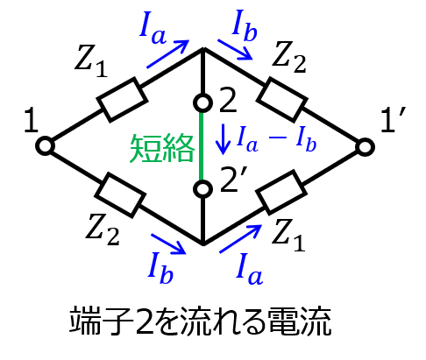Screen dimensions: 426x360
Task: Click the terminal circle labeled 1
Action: pos(46,145)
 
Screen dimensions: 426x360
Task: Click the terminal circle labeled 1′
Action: pos(365,146)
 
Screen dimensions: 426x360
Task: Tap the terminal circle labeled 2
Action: pos(202,102)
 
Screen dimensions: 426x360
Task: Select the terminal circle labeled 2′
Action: pos(202,189)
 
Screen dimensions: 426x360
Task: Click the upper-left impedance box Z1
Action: pos(122,100)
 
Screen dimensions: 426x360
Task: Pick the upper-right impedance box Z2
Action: pos(282,100)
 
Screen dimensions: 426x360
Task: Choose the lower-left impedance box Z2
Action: pos(120,195)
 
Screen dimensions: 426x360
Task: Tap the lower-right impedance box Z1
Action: pos(281,193)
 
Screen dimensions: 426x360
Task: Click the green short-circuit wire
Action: pos(202,146)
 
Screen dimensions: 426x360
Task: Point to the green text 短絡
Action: pos(162,148)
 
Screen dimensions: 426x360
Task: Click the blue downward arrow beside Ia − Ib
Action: pos(224,139)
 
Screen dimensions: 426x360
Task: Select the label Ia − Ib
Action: pos(276,139)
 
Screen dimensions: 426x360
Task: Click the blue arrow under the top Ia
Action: pos(167,54)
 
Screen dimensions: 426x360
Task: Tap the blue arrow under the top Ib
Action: pos(235,50)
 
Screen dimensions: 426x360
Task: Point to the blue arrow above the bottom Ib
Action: pos(168,244)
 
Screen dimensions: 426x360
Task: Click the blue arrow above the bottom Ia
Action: pos(240,239)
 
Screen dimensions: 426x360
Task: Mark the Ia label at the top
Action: pos(153,30)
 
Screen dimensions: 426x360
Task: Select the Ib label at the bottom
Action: pos(160,268)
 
